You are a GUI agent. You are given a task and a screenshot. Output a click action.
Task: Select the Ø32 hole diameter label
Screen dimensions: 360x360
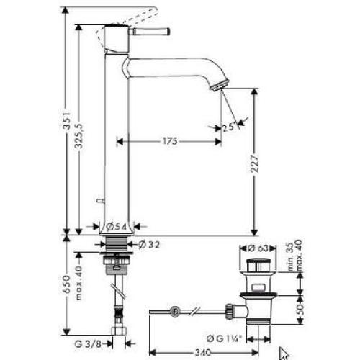[149, 245]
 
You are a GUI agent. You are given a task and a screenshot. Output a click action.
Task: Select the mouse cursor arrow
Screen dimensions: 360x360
[283, 353]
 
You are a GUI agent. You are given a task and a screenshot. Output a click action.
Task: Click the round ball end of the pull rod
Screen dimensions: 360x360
[174, 311]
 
